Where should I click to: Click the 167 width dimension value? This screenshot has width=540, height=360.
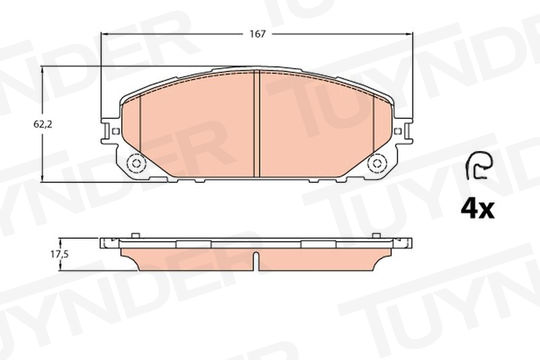click(258, 34)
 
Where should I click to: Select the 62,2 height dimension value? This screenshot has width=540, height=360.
click(42, 125)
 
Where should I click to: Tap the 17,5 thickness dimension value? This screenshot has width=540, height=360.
click(60, 255)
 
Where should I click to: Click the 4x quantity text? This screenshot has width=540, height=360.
click(477, 208)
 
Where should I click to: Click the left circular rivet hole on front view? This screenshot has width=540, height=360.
click(136, 164)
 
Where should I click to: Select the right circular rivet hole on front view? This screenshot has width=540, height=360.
click(377, 164)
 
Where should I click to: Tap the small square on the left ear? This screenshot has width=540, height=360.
click(116, 131)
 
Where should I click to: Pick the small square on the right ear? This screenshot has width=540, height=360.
click(398, 131)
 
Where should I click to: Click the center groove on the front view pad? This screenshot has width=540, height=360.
click(256, 124)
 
